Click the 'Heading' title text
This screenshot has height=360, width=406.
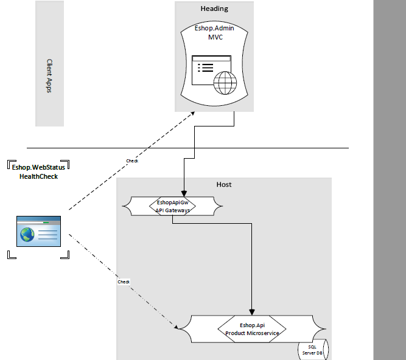point(214,9)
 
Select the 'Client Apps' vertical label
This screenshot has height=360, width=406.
point(49,76)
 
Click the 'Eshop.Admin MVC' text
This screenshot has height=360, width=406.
point(214,33)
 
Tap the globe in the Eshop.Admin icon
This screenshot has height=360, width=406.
point(225,83)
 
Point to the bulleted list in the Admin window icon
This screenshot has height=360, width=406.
point(206,67)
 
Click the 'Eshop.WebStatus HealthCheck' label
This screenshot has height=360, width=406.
point(38,171)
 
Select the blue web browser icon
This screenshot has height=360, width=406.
point(38,231)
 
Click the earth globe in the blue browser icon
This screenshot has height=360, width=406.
point(27,234)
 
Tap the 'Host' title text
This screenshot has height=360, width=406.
point(224,184)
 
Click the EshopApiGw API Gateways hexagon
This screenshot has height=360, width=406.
point(172,206)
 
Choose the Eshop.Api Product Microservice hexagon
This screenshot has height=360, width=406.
point(252,329)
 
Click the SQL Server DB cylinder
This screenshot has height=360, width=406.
point(313,350)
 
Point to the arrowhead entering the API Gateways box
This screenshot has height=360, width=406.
point(184,193)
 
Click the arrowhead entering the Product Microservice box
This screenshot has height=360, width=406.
point(251,312)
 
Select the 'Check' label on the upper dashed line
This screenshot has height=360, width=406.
point(132,161)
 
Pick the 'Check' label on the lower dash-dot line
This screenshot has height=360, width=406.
point(124,282)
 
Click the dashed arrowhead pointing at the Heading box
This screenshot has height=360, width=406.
point(192,113)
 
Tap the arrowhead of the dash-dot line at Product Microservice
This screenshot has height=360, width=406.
point(177,327)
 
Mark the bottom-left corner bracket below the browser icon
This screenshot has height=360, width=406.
point(12,255)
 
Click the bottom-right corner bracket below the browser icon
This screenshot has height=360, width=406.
point(65,255)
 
